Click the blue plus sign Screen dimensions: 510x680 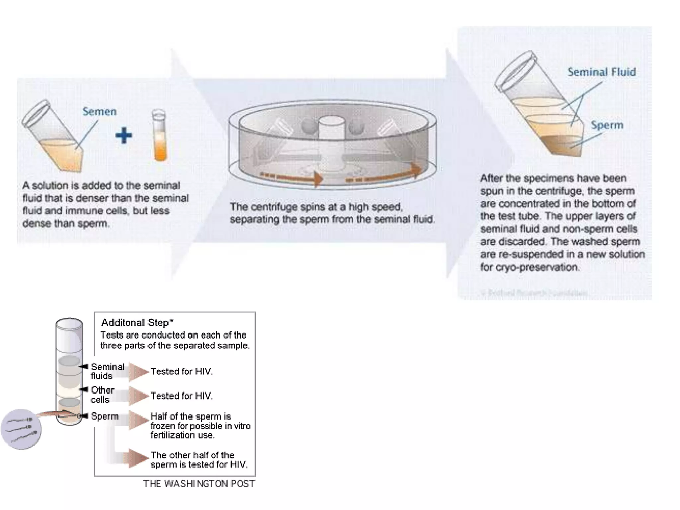coord(124,135)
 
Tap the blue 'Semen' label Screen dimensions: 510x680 coord(99,111)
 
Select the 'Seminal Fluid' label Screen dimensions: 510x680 coord(601,72)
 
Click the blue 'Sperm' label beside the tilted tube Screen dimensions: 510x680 coord(607,125)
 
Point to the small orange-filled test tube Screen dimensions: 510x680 coord(160,136)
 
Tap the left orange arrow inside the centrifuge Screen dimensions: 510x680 coord(292,178)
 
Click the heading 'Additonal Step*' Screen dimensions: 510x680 coord(137,322)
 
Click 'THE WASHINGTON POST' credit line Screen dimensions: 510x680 coord(199,484)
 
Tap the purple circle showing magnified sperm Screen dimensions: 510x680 coord(21,429)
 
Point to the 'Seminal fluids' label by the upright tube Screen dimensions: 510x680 coord(107,371)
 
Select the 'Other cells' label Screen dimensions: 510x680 coord(102,395)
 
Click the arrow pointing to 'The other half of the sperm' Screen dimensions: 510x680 coord(138,458)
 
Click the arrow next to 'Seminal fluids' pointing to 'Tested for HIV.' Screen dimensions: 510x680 coord(138,371)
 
